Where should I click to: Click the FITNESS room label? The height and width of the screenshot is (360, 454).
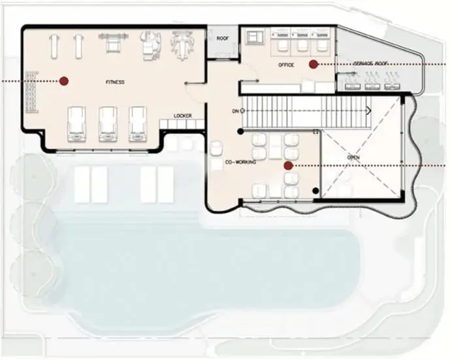tap(115, 82)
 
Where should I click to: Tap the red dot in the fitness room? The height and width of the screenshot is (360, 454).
tap(64, 81)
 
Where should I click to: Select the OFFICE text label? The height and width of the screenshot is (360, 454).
tap(285, 65)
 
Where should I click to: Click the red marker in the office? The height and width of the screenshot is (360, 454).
tap(313, 64)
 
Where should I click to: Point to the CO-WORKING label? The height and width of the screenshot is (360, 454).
tap(240, 162)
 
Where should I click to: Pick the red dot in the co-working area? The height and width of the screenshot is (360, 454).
tap(288, 166)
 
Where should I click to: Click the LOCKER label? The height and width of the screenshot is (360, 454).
tap(183, 116)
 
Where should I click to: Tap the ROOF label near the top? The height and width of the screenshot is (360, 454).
tap(223, 39)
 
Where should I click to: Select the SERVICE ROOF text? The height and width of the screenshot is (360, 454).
tap(371, 63)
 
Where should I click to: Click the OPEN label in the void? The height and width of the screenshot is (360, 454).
tap(353, 158)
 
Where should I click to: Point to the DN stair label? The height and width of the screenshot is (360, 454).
tap(235, 111)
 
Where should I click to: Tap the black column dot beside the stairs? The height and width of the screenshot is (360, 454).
tap(240, 132)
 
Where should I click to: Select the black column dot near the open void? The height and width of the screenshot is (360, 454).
tap(316, 191)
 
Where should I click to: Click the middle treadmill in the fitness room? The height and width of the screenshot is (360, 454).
tap(108, 124)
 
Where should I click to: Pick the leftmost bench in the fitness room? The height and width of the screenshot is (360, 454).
tap(54, 46)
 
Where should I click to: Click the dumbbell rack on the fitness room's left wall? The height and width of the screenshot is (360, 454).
tap(32, 92)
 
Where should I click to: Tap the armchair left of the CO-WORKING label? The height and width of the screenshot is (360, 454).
tap(216, 148)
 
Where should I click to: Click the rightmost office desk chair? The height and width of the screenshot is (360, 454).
tap(321, 46)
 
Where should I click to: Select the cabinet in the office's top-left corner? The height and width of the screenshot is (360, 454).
tap(254, 37)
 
